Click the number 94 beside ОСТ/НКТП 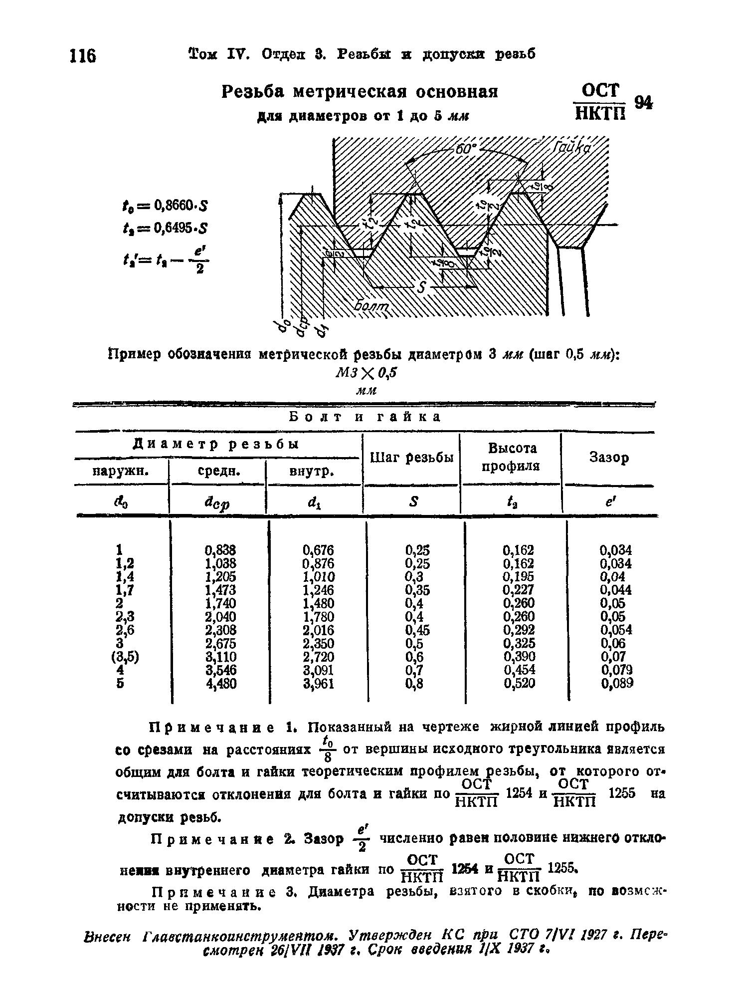(x=643, y=102)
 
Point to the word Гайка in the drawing (x=571, y=148)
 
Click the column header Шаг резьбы (x=412, y=458)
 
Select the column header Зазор (x=609, y=457)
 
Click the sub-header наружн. (x=122, y=471)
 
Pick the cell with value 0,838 (x=220, y=550)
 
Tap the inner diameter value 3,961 (x=319, y=683)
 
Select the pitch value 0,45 (x=417, y=630)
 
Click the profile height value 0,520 (x=519, y=683)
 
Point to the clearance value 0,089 (x=617, y=683)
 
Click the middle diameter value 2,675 (x=220, y=643)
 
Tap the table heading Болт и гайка (x=365, y=417)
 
